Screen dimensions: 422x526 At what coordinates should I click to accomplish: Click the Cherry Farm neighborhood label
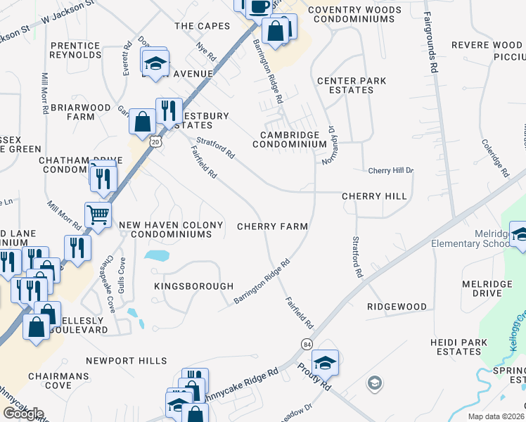272,226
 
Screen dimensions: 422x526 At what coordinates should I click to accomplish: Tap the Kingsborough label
193,286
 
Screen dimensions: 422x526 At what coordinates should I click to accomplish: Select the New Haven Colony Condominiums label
171,229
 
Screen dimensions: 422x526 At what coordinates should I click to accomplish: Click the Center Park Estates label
352,85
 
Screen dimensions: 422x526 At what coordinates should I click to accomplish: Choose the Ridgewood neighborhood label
397,307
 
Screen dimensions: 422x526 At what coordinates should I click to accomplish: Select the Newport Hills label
127,361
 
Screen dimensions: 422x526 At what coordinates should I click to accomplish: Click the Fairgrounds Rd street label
430,42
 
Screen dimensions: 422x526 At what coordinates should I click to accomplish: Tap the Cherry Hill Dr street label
391,171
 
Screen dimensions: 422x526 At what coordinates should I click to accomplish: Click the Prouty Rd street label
313,376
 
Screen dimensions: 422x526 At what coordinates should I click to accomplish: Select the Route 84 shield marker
307,344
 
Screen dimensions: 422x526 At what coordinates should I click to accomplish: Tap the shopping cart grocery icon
98,214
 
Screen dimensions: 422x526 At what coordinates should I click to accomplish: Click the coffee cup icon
257,6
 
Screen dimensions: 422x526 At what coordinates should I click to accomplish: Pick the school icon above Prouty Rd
325,362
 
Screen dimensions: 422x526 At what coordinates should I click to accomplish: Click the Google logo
23,414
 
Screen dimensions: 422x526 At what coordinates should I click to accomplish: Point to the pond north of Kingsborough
158,255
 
